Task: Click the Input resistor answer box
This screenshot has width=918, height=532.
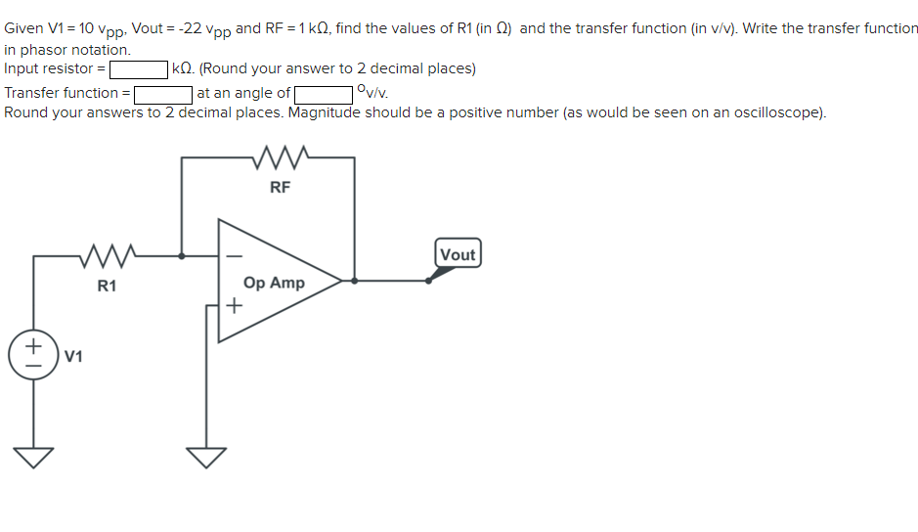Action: point(139,69)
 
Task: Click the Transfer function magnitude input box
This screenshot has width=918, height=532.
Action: point(162,94)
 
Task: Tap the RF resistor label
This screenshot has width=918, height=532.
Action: point(280,188)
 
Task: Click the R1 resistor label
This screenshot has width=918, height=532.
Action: point(107,286)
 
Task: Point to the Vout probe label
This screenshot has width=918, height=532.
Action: point(458,254)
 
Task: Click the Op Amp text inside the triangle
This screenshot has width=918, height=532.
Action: point(274,283)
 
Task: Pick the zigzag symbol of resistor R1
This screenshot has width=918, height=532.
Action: point(108,256)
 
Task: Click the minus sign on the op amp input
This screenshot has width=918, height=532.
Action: point(233,256)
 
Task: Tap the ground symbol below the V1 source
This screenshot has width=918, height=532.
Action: point(33,457)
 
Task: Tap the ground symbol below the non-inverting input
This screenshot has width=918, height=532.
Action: point(206,457)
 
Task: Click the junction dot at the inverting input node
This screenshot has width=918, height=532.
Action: point(181,256)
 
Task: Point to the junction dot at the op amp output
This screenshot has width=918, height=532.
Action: point(354,281)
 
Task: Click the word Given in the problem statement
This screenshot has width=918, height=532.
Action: point(23,28)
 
